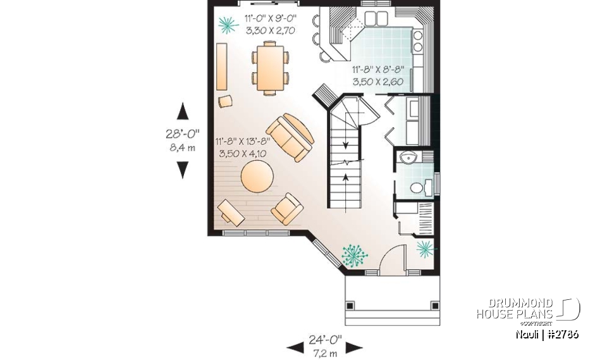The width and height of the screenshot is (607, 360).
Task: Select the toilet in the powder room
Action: [x=418, y=187]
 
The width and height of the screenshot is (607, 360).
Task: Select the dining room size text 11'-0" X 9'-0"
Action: [x=270, y=20]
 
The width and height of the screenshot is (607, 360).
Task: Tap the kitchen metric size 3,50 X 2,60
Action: [x=378, y=81]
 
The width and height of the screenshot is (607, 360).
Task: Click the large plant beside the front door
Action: [x=354, y=254]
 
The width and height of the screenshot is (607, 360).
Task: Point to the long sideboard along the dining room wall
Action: [x=222, y=67]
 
